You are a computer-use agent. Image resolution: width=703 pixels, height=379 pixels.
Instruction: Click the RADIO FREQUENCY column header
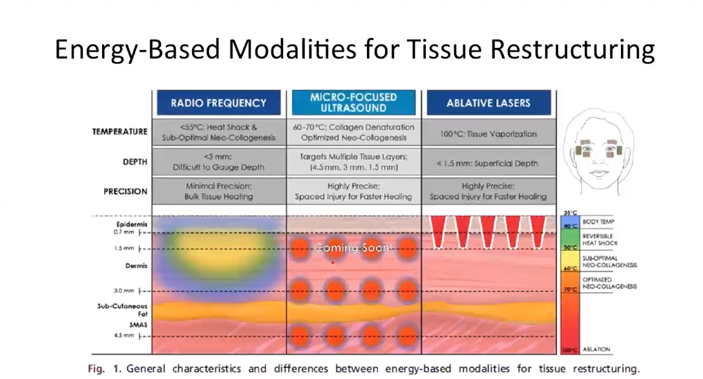point(218,103)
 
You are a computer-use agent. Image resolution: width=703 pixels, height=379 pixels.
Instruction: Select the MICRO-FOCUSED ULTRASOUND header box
point(353,103)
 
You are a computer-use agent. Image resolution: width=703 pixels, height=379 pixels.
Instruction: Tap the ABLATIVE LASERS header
point(488,103)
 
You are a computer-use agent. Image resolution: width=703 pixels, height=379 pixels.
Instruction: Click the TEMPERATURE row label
point(120,131)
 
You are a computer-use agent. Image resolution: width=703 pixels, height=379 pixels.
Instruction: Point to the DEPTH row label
point(134,162)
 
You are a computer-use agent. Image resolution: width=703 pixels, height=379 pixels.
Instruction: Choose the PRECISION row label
point(125,191)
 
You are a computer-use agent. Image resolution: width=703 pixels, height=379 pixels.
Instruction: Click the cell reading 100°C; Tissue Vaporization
point(489,134)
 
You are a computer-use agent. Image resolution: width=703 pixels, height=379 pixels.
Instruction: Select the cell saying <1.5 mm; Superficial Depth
point(489,163)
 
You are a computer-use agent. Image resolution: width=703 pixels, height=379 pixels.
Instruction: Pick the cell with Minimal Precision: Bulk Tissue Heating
point(218,191)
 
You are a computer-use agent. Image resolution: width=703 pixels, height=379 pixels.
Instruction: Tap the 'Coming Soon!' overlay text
point(353,248)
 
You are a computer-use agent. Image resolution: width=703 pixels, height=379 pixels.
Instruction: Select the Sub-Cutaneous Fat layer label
point(123,310)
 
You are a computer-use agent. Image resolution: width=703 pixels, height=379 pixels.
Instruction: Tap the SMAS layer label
point(136,324)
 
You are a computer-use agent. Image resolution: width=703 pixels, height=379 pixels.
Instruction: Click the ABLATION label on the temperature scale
point(596,349)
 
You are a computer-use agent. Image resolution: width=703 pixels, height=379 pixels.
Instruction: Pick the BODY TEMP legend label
point(598,222)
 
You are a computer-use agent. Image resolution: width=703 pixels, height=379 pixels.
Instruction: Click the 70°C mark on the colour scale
point(569,290)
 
